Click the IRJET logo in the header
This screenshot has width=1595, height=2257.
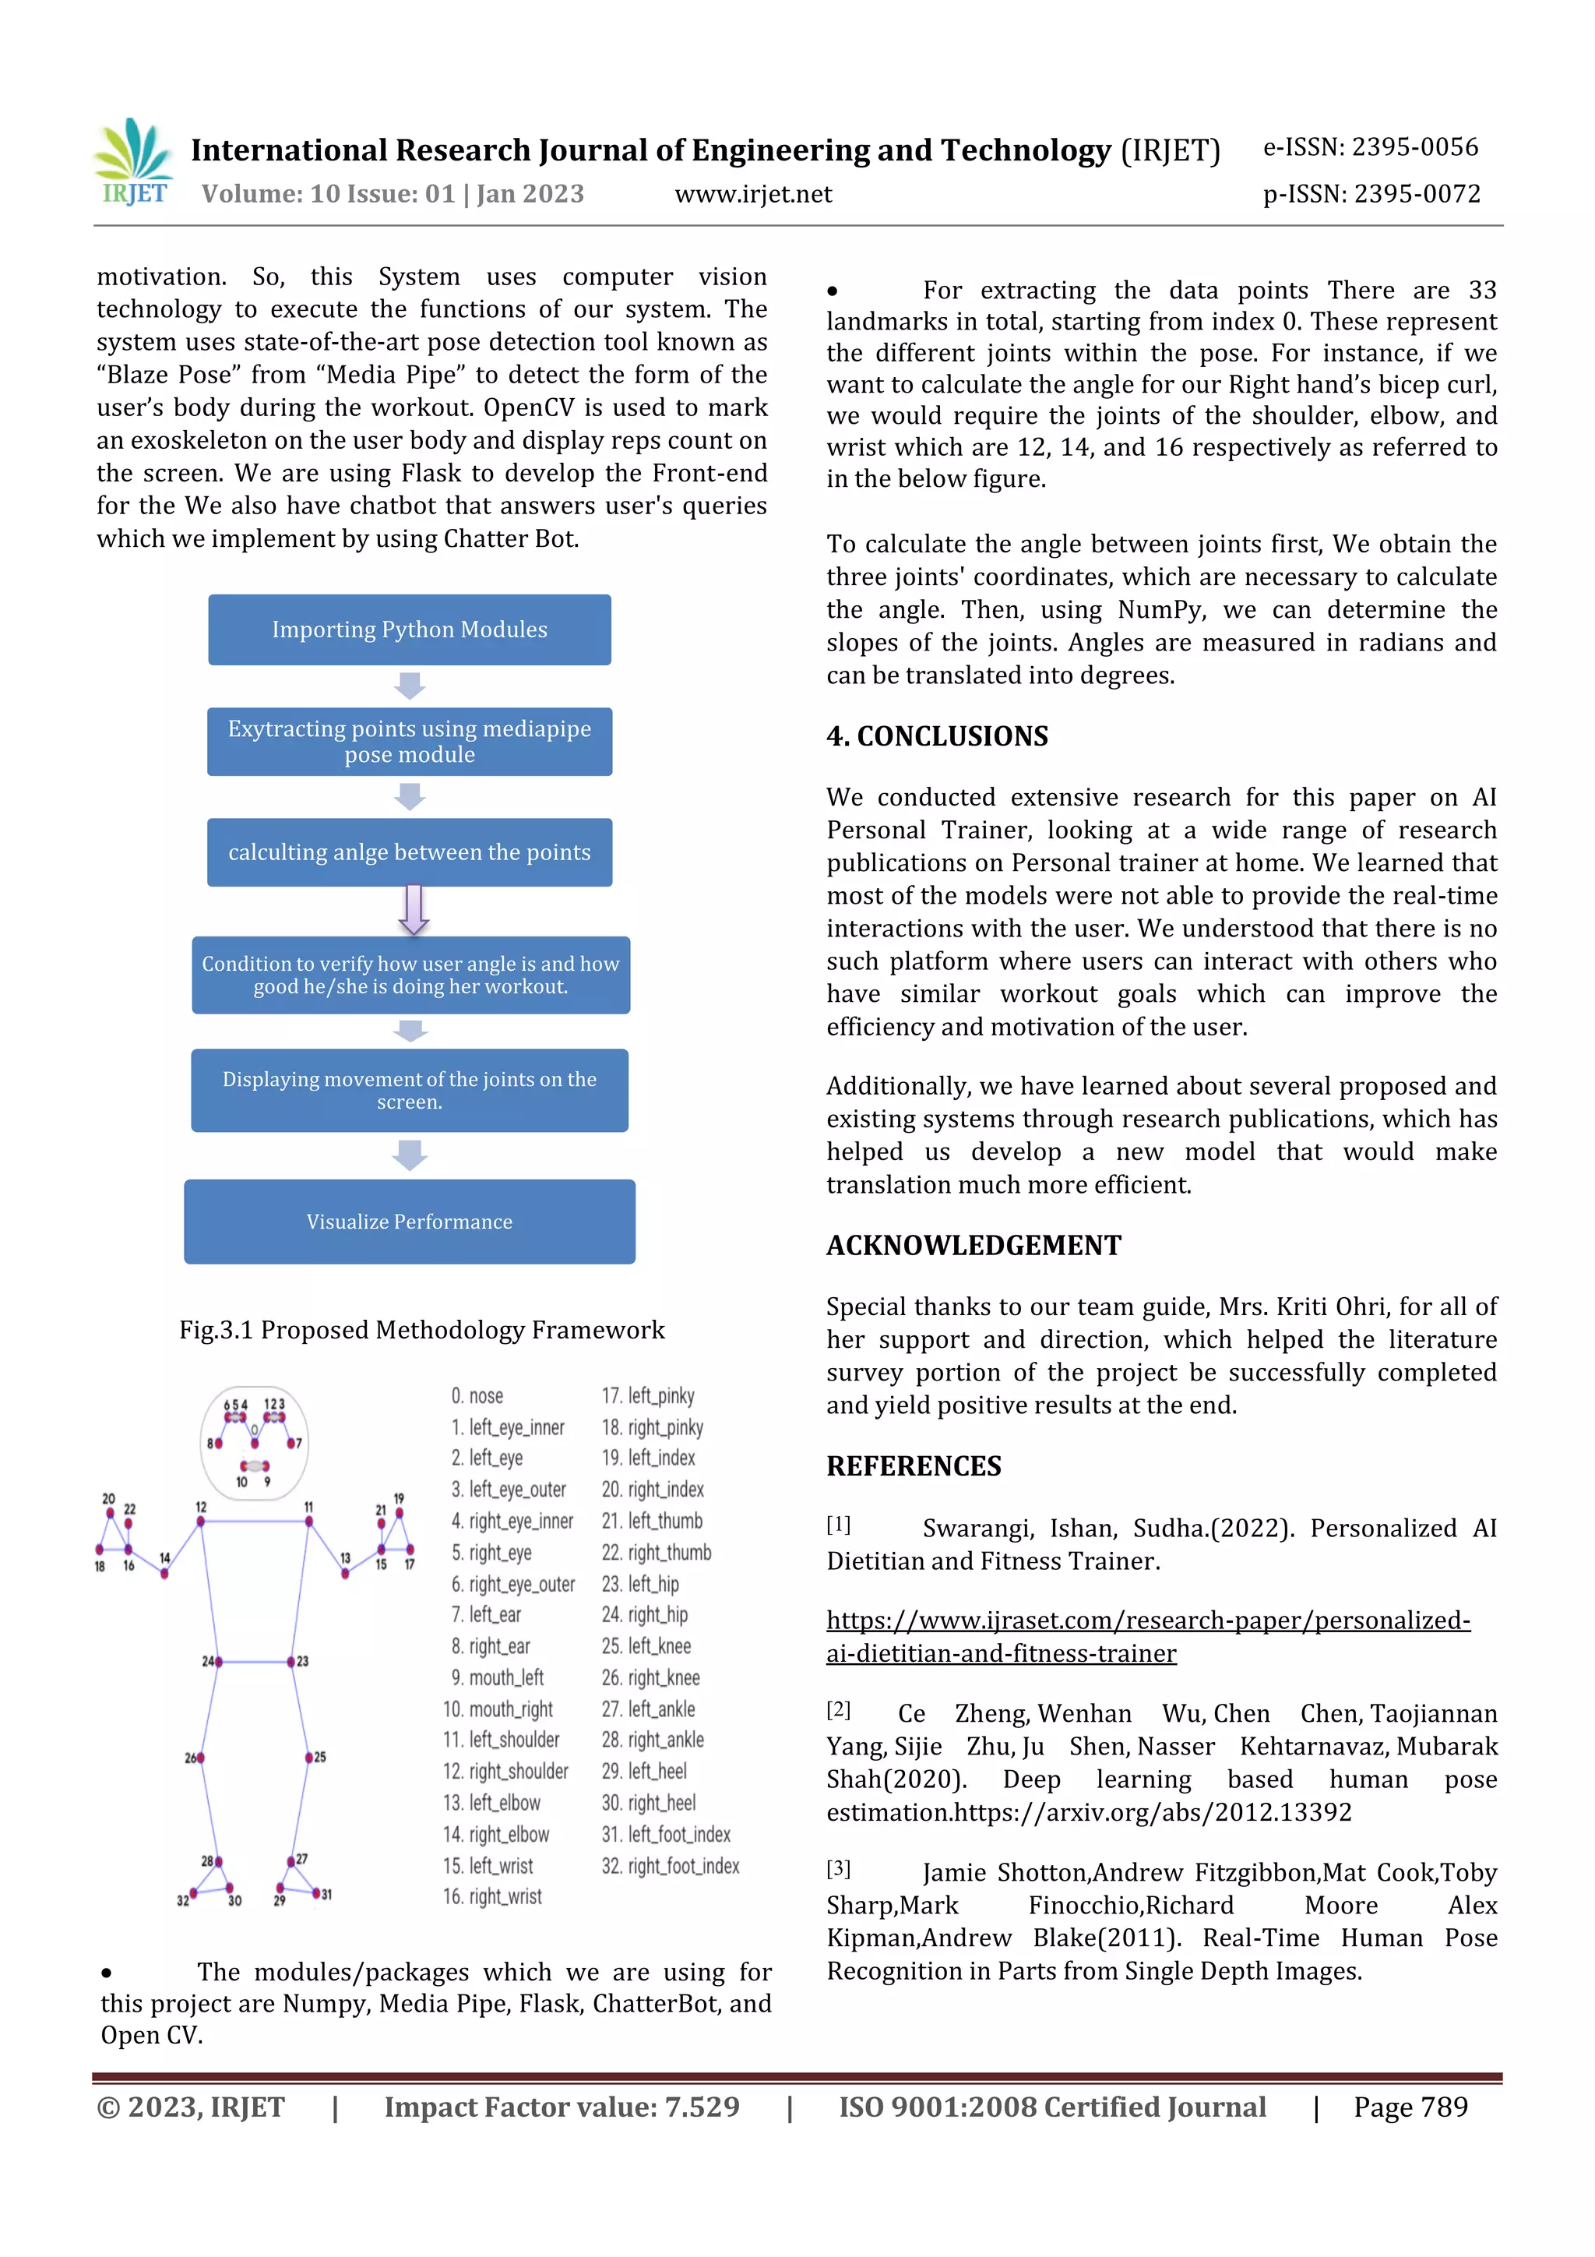tap(135, 162)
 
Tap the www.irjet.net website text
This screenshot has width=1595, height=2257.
tap(753, 195)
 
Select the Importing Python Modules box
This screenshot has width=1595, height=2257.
tap(409, 629)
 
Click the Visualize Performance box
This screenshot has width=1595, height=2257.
tap(409, 1221)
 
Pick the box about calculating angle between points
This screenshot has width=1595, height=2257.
tap(409, 852)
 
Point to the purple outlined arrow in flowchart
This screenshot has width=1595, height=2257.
tap(414, 909)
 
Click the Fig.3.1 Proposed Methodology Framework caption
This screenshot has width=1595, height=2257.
tap(421, 1330)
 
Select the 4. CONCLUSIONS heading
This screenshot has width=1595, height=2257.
tap(937, 736)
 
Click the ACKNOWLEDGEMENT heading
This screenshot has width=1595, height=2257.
tap(973, 1246)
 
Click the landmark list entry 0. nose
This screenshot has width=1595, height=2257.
tap(477, 1396)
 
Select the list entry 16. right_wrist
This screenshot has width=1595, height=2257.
tap(491, 1896)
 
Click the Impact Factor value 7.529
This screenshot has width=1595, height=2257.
tap(562, 2107)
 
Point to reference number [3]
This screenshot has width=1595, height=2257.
tap(837, 1869)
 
